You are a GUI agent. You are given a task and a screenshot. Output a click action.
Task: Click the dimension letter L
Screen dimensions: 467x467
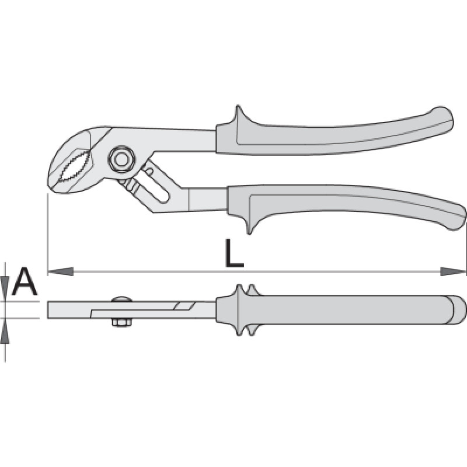pos(234,253)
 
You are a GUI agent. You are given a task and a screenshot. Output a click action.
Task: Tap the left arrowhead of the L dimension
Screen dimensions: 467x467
pos(61,271)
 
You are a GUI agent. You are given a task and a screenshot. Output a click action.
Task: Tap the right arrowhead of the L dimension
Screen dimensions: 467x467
pos(453,271)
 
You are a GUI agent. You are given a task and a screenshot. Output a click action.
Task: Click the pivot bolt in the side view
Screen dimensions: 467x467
pos(121,160)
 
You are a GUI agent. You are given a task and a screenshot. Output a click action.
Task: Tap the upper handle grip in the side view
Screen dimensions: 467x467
pos(333,134)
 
